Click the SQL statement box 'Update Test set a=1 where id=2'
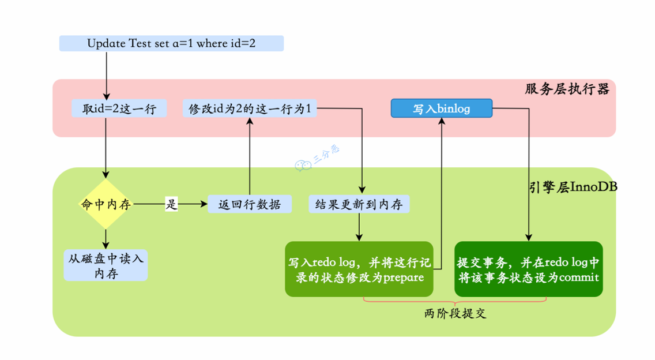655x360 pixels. point(171,43)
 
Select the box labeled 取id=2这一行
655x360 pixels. point(119,108)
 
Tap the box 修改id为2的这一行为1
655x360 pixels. point(250,108)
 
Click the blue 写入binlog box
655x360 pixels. point(442,108)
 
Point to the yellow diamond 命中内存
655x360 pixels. point(106,204)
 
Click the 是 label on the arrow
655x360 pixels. point(171,204)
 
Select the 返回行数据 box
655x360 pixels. point(250,204)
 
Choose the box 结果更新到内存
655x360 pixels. point(359,204)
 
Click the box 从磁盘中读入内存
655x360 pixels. point(106,265)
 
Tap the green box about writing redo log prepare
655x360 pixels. point(359,269)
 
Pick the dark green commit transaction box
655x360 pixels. point(528,269)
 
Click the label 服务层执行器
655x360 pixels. point(567,89)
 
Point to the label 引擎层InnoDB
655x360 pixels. point(573,187)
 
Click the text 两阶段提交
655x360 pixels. point(456,314)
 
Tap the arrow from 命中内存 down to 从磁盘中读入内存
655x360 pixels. point(106,238)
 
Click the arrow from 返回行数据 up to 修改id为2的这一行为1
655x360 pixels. point(250,156)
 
